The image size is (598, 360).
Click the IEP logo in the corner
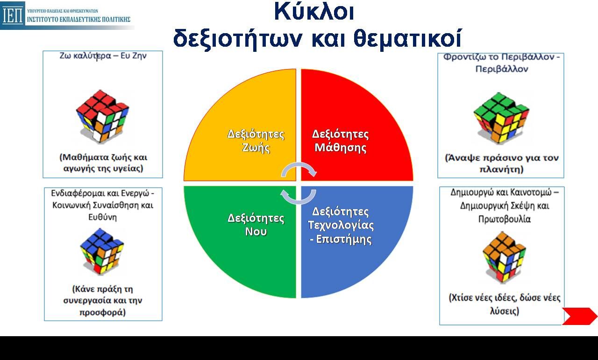13,15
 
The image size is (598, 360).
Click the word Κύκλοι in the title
313,12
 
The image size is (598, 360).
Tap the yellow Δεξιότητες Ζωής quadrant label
256,141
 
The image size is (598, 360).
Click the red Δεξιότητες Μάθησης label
340,141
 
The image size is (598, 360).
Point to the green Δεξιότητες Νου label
256,224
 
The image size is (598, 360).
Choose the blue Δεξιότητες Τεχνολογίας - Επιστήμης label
341,226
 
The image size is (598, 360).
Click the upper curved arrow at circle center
299,169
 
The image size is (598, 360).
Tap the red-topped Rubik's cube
102,116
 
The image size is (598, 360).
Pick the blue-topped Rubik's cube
102,251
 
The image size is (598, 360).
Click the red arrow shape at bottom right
579,316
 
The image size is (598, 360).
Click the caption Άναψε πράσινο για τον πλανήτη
501,163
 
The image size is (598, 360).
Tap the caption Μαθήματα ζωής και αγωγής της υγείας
103,163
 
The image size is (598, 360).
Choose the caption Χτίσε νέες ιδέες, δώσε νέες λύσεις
504,304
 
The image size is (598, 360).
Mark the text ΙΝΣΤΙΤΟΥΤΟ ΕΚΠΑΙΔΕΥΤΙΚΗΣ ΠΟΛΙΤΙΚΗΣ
78,20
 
